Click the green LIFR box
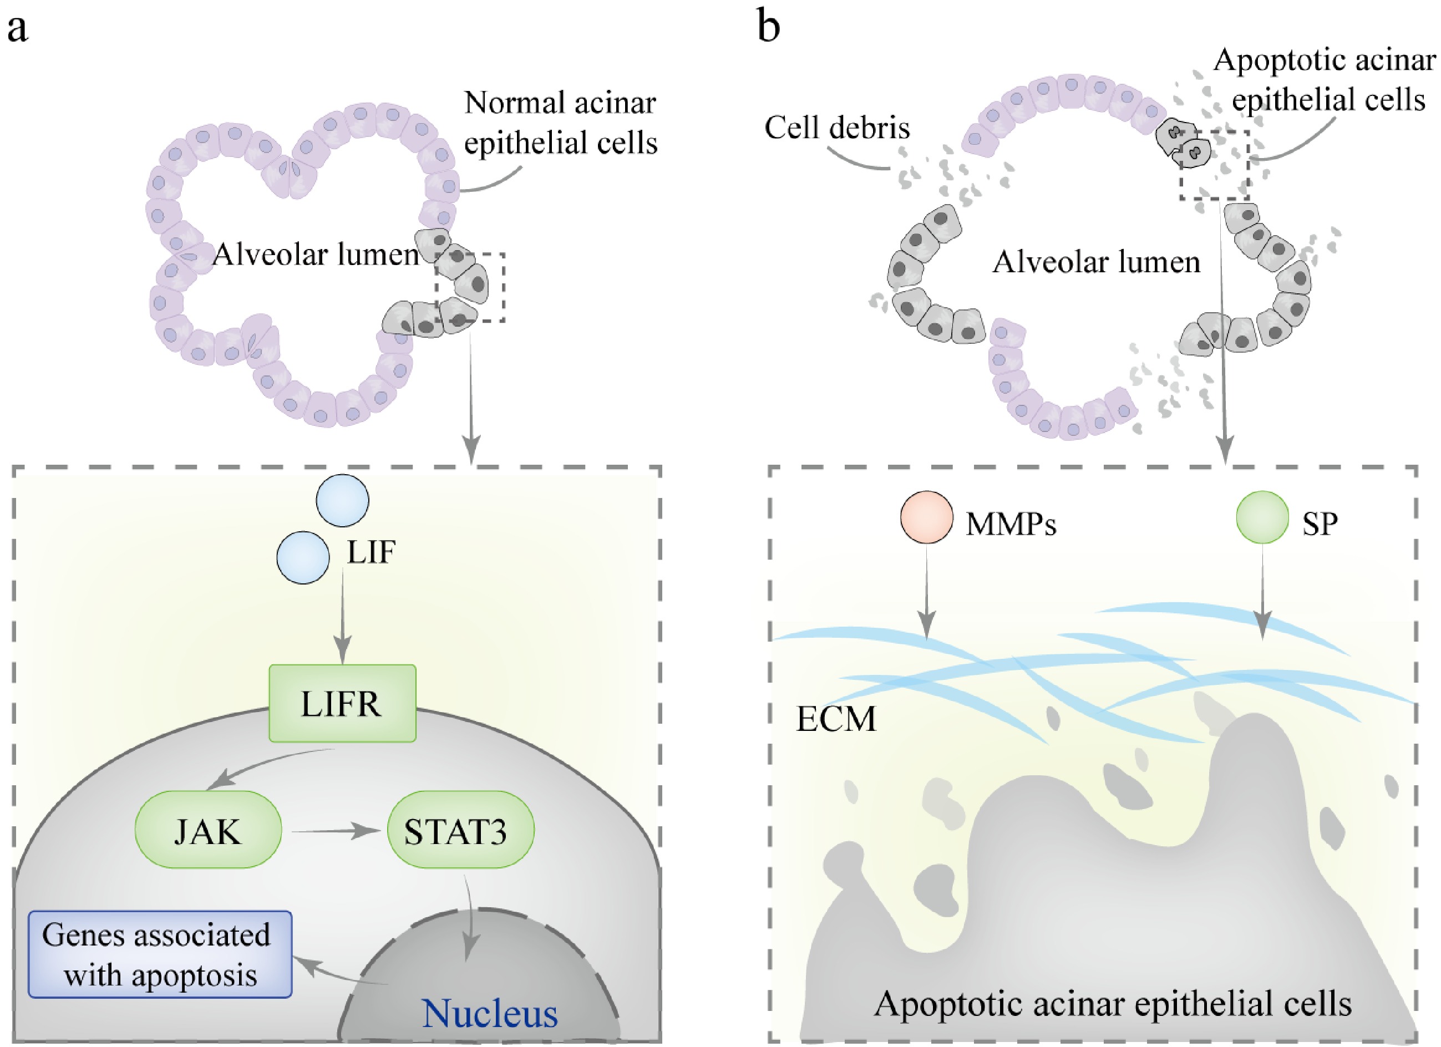(342, 703)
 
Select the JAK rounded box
(208, 829)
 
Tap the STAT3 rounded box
(460, 829)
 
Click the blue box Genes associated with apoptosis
(160, 954)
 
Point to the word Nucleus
(490, 1013)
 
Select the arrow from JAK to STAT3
(331, 830)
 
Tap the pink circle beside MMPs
(926, 516)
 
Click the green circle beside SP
(1262, 516)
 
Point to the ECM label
(835, 719)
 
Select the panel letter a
(17, 29)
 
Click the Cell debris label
(837, 128)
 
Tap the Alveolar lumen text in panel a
(316, 255)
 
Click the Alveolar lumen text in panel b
(1096, 262)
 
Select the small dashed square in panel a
(470, 287)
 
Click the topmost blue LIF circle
(342, 500)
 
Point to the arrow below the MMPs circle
(926, 591)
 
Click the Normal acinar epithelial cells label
(560, 123)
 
